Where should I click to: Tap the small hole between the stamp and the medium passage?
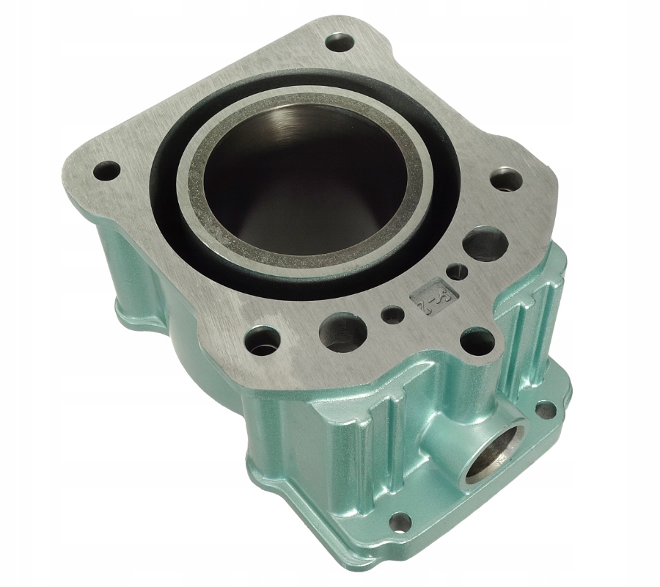click(393, 315)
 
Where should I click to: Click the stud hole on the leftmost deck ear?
click(108, 169)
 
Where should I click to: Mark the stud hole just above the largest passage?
click(506, 179)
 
